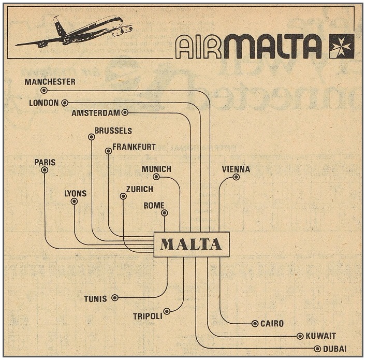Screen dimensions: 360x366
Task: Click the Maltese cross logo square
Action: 342,47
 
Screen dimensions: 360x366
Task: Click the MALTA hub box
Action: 191,244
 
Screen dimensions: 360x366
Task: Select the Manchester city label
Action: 50,82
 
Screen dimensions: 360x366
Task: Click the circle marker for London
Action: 64,103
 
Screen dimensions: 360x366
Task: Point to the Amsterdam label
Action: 96,112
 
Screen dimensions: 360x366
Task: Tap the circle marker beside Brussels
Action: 91,137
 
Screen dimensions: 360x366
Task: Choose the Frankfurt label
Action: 134,147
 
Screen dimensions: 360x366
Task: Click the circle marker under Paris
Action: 45,170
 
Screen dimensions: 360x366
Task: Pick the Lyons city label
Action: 76,193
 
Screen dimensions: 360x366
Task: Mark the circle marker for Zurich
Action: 123,196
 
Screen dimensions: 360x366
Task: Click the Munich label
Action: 156,169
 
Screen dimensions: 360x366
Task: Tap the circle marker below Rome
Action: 164,212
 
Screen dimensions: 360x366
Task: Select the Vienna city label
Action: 236,169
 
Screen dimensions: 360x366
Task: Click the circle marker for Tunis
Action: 115,297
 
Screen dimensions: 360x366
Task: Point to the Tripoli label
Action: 148,315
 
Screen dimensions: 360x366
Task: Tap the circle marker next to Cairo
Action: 255,324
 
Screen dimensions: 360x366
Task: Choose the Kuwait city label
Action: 320,336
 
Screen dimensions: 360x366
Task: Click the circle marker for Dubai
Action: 317,349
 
